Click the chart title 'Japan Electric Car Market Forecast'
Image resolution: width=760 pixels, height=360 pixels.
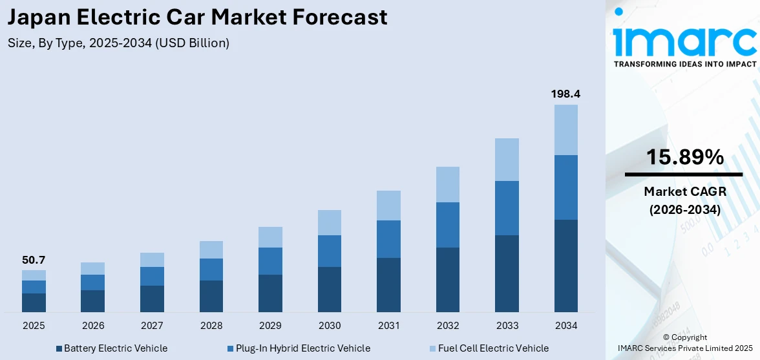[x=198, y=17]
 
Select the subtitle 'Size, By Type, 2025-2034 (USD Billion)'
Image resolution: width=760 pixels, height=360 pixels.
[x=118, y=43]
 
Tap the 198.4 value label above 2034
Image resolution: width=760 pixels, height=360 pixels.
[x=565, y=94]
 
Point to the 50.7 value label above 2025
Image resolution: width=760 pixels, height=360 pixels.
[x=34, y=260]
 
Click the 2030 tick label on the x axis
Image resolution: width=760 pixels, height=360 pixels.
[x=330, y=325]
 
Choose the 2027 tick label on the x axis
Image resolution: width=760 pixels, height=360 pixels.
[x=152, y=325]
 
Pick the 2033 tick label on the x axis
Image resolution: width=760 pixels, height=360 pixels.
[x=507, y=325]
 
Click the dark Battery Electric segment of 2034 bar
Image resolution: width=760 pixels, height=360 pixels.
[x=565, y=266]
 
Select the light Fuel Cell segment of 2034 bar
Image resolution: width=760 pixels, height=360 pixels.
[x=565, y=130]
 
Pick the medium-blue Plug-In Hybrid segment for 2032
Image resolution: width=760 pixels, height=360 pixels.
[x=447, y=225]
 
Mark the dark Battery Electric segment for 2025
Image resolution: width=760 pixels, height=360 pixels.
[x=34, y=302]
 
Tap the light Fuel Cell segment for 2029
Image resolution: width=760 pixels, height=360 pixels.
[x=270, y=237]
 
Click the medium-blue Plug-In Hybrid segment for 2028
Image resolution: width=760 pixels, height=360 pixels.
[x=211, y=270]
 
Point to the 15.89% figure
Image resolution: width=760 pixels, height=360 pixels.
[x=684, y=157]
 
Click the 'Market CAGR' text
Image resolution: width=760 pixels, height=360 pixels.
[x=684, y=192]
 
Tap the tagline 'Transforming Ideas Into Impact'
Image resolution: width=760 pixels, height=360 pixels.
[x=684, y=64]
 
